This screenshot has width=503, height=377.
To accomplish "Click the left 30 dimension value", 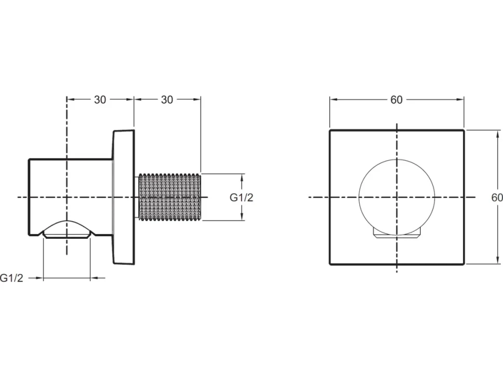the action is point(100,99).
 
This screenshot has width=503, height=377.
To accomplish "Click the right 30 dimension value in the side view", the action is point(167,99).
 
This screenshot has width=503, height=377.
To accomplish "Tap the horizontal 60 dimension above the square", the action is point(397,99).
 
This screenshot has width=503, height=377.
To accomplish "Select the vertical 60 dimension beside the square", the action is point(497,197).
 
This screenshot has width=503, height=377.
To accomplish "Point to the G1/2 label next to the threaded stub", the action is point(241,197).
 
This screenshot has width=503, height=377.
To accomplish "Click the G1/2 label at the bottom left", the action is point(12,278).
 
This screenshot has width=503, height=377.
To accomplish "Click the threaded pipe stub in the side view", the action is point(170,197).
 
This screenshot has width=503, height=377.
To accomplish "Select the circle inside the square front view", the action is point(359,197).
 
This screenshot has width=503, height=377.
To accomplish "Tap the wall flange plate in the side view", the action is point(123,197).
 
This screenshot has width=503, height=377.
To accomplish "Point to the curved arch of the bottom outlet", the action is point(67,221).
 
